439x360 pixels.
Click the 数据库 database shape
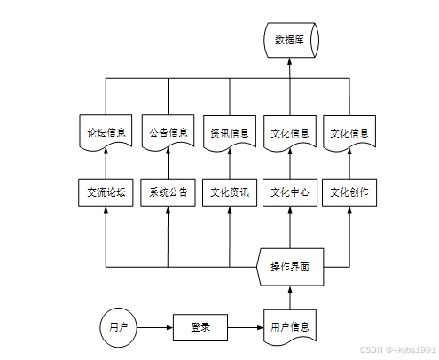point(291,40)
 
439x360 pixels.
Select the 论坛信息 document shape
point(106,134)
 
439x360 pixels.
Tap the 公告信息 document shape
point(168,134)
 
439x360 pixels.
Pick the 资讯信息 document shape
point(230,134)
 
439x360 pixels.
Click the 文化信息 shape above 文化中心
point(290,134)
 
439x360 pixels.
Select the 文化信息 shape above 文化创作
point(349,134)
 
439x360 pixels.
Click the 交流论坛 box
point(106,192)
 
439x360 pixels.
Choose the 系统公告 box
point(168,192)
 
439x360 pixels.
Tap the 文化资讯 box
point(230,192)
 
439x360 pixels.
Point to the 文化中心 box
point(290,192)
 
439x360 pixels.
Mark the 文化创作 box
point(349,192)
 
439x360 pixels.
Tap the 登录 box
point(200,327)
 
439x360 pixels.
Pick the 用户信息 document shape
point(290,327)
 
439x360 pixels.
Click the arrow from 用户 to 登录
point(155,327)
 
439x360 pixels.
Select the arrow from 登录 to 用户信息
point(246,327)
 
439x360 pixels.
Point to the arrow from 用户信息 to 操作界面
point(290,297)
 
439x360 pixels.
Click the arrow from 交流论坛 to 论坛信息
point(106,164)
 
